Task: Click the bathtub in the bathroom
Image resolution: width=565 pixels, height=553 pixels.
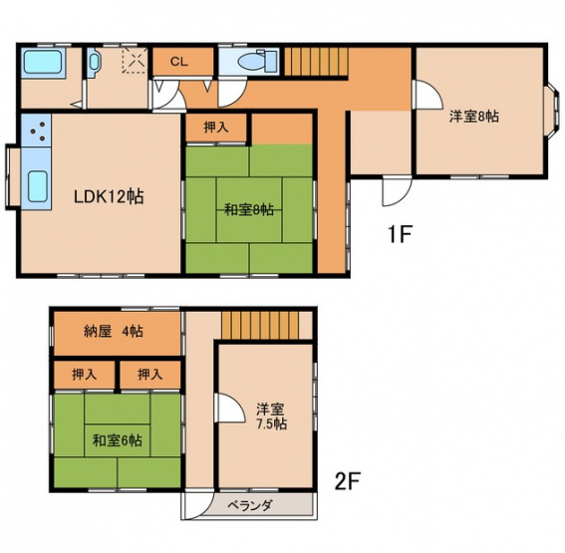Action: point(43,62)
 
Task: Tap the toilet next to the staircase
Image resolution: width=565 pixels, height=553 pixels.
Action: point(257,61)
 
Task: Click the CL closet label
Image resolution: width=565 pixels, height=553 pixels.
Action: point(179,62)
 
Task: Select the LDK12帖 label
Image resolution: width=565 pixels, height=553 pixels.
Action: point(109,196)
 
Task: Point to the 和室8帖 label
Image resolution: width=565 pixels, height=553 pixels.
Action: point(249,209)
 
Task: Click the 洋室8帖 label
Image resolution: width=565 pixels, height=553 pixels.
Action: point(474,117)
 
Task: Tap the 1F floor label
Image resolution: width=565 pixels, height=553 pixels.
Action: point(400,234)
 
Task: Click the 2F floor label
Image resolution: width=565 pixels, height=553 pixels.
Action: point(348,481)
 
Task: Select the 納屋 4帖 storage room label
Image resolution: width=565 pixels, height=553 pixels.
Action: point(114,331)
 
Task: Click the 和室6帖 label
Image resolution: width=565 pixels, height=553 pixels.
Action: point(118,440)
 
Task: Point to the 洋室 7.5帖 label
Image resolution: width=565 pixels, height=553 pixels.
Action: point(271,416)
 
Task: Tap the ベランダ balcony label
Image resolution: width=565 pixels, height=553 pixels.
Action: point(249,506)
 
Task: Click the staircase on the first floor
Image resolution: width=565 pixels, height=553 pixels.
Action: point(317,62)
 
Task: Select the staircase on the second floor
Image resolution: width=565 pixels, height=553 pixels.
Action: point(260,325)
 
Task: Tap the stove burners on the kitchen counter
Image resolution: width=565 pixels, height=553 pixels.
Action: point(39,132)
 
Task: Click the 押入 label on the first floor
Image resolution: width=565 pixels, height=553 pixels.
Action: point(216,127)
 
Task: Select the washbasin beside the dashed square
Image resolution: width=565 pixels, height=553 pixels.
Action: point(94,62)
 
